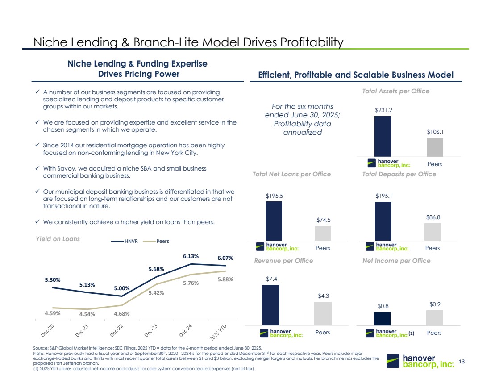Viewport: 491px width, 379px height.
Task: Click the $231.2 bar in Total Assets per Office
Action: point(383,136)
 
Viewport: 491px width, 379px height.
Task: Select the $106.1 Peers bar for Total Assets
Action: point(435,147)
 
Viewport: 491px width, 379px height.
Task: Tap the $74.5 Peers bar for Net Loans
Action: point(323,233)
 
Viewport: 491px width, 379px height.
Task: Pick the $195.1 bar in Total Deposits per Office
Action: point(383,221)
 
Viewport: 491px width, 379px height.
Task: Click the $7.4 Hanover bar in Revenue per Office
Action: point(270,305)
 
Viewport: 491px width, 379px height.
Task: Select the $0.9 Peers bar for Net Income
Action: point(434,318)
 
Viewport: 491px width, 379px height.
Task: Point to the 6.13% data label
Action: point(190,256)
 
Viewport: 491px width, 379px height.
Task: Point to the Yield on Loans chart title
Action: point(58,239)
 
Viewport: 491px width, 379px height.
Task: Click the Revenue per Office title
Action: point(283,261)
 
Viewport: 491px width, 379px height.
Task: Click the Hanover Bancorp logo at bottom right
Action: point(421,362)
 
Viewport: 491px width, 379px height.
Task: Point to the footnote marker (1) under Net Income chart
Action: point(412,333)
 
